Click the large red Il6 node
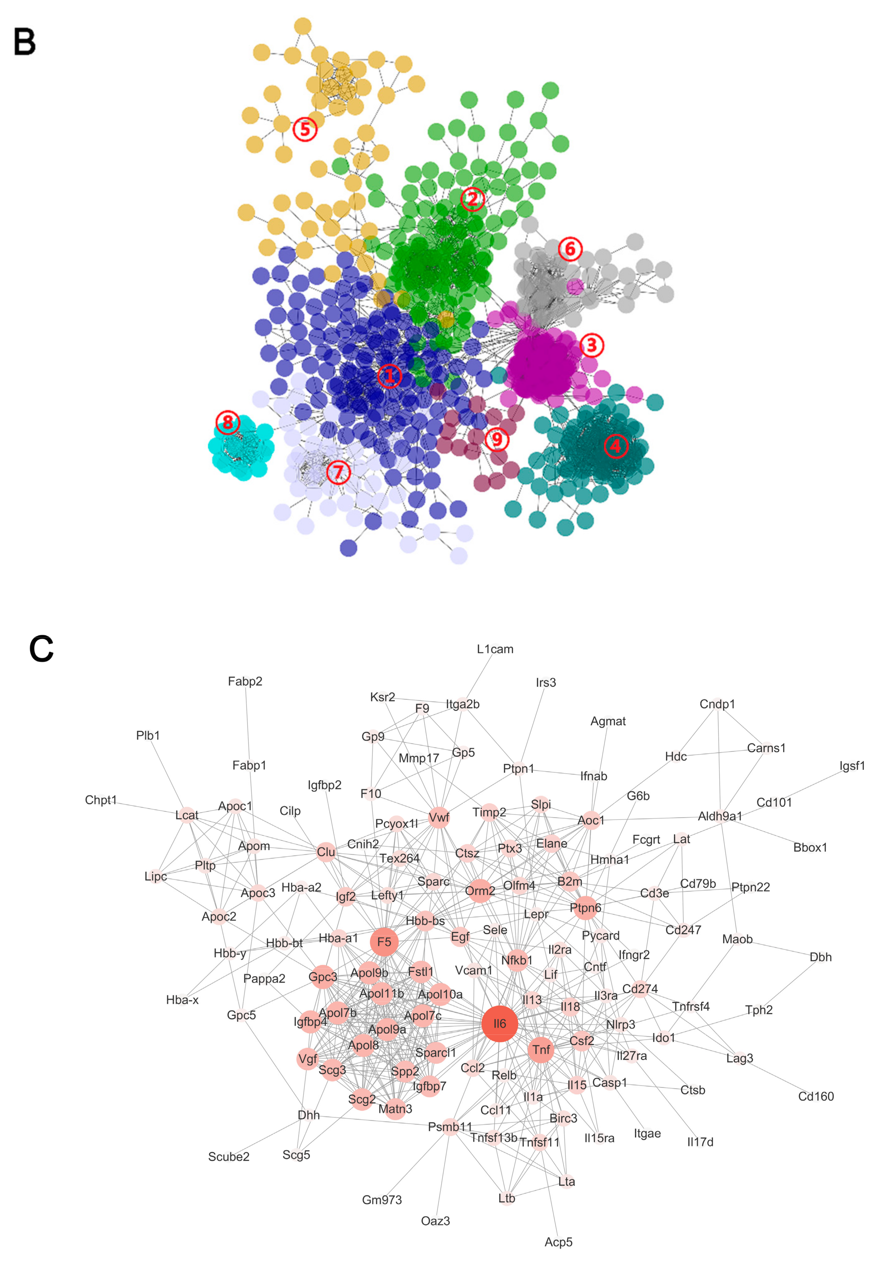pos(500,1024)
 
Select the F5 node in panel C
pos(384,942)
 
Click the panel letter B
pos(25,42)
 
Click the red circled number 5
pos(305,129)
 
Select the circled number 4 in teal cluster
pos(616,446)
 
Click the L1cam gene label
pos(495,649)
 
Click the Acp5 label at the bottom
pos(558,1242)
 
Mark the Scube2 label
pos(229,1156)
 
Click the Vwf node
pos(439,818)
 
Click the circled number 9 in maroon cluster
pos(497,440)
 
